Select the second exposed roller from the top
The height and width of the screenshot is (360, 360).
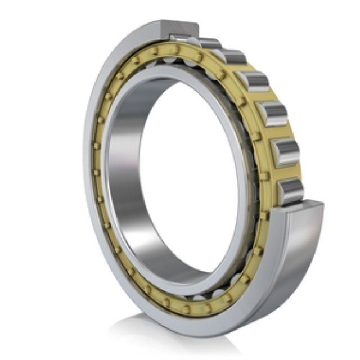(x=231, y=57)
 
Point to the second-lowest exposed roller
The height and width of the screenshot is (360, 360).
(x=285, y=151)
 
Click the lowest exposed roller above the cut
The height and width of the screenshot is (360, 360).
(x=291, y=191)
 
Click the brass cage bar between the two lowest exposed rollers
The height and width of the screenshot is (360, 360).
(x=289, y=171)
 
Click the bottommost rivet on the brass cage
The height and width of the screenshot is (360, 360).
(x=186, y=309)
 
